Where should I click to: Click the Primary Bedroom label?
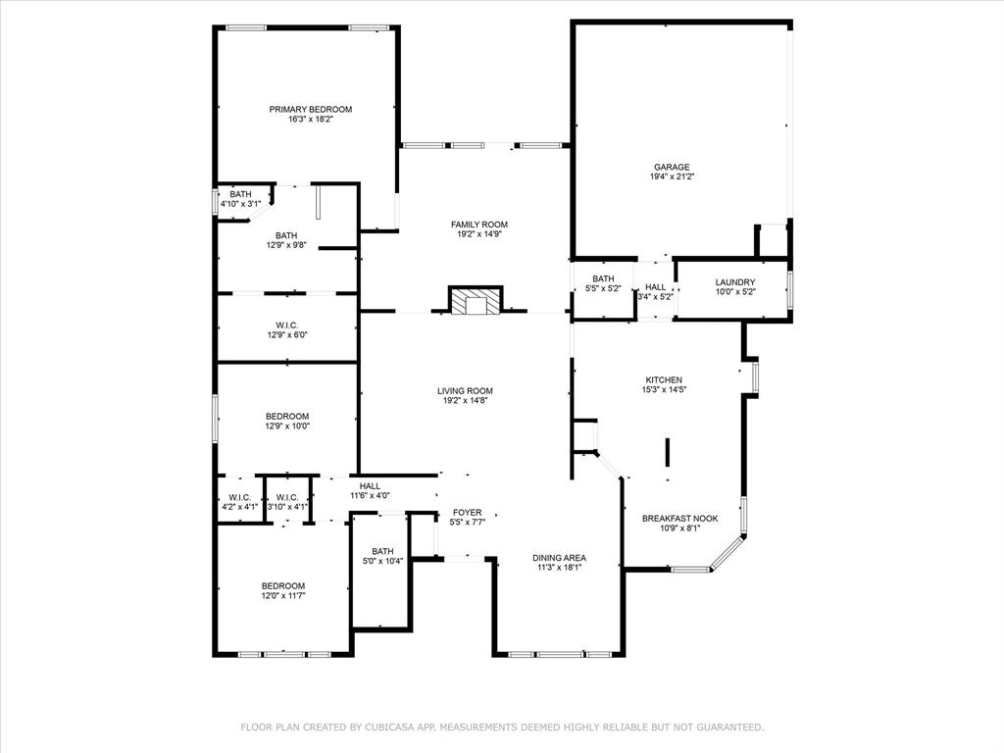click(x=311, y=110)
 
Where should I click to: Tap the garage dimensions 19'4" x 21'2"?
click(x=672, y=176)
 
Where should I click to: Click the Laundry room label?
click(x=735, y=282)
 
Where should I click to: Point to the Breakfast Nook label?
click(x=680, y=519)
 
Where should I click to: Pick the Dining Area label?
click(x=559, y=558)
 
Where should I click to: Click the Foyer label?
click(x=468, y=512)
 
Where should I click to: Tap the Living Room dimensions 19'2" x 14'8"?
click(x=465, y=401)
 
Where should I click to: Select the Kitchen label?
click(x=664, y=379)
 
